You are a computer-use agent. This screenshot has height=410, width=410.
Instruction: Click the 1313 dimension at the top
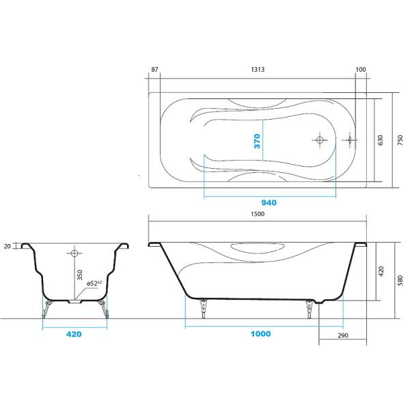click(258, 70)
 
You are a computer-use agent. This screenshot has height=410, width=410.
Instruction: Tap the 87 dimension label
click(155, 70)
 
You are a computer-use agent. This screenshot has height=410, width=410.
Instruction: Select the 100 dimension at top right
click(361, 70)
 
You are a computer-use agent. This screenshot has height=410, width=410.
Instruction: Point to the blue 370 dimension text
click(258, 141)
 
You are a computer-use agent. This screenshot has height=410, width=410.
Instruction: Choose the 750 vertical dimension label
click(401, 140)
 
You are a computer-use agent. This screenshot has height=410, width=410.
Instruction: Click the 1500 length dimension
click(258, 214)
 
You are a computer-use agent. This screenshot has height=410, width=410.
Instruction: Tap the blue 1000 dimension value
click(260, 333)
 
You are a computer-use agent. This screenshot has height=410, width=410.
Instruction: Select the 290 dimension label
click(342, 335)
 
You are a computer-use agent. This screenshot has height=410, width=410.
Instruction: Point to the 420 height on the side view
click(381, 270)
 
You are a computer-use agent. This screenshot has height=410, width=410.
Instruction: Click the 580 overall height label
click(401, 279)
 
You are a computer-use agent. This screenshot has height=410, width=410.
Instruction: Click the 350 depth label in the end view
click(79, 275)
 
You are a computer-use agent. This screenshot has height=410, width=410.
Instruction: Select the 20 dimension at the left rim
click(8, 246)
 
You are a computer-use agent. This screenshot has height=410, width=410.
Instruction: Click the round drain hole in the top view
click(319, 140)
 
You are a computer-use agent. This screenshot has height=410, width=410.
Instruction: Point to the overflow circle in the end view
click(74, 252)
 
